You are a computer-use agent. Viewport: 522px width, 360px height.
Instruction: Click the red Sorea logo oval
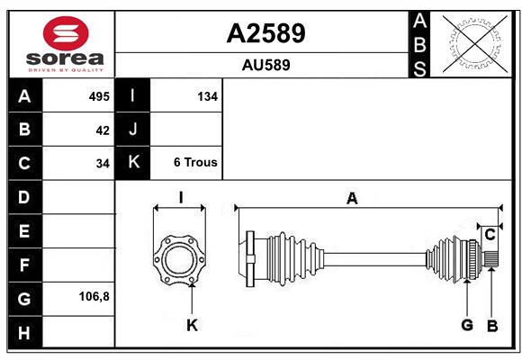[66, 33]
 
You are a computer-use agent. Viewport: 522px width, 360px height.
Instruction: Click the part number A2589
[265, 33]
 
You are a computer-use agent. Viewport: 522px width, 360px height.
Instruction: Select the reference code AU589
[265, 65]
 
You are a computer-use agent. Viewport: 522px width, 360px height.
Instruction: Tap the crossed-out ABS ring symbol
[475, 44]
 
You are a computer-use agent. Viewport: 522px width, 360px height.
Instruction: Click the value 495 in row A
[99, 96]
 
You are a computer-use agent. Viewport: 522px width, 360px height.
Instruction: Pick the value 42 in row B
[103, 130]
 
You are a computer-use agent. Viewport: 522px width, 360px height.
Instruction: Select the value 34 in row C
[103, 164]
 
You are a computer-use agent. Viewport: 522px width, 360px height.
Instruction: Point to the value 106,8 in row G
[94, 296]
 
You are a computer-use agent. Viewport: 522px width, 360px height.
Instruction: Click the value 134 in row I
[207, 96]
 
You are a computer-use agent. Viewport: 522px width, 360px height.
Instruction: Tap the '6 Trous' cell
[195, 162]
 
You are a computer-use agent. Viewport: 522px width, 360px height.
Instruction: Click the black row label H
[25, 332]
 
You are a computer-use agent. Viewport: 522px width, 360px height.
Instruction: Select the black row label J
[132, 130]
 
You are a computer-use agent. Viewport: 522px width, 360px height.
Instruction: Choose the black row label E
[25, 231]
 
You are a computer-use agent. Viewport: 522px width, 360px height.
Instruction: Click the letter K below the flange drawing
[192, 325]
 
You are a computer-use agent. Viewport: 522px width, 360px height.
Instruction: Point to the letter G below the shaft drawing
[467, 325]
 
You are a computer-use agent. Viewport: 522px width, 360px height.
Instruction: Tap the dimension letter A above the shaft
[352, 199]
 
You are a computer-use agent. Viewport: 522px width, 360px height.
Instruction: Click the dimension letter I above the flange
[181, 198]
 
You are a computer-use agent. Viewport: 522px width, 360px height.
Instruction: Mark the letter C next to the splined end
[490, 235]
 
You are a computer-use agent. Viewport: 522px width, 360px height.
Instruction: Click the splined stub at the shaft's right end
[490, 259]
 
